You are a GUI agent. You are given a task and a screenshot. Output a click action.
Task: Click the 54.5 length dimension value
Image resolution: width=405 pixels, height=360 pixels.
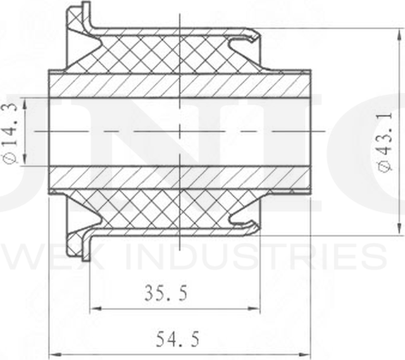pyautogui.click(x=178, y=339)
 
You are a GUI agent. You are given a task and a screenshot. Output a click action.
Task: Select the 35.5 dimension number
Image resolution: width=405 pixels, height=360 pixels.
pyautogui.click(x=165, y=294)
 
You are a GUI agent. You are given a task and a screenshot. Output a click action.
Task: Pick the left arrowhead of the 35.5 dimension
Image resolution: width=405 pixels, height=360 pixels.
pyautogui.click(x=95, y=309)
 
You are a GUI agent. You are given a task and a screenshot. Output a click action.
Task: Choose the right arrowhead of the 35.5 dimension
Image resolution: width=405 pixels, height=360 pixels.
pyautogui.click(x=256, y=309)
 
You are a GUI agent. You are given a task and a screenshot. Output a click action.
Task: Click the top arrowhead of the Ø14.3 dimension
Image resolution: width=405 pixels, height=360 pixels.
pyautogui.click(x=25, y=101)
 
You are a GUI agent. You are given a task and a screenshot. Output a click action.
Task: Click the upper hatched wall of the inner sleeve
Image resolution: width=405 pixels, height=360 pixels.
pyautogui.click(x=180, y=85)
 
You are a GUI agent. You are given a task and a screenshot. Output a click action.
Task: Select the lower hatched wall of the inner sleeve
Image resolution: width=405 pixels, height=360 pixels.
pyautogui.click(x=180, y=177)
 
